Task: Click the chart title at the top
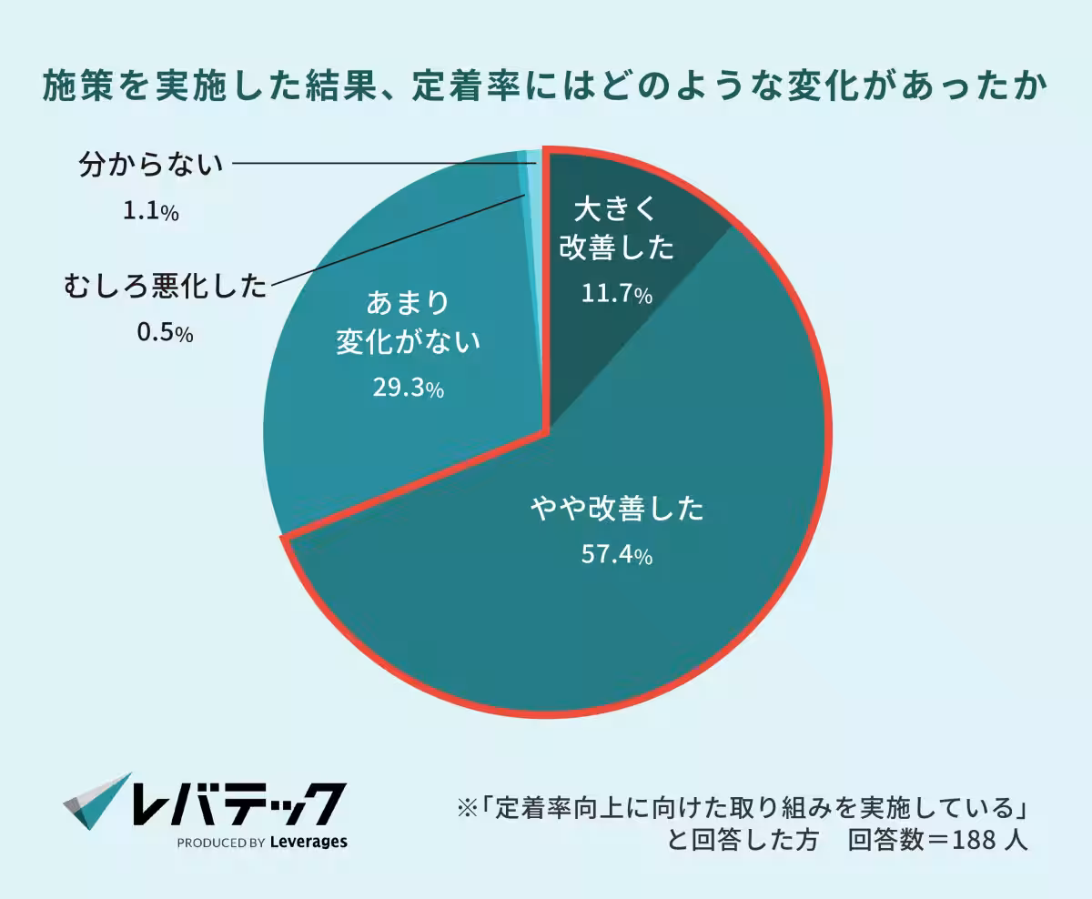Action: click(x=546, y=88)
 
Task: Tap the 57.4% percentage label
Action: click(x=617, y=555)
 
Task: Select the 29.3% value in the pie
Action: click(x=408, y=389)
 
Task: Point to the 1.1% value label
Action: click(x=150, y=211)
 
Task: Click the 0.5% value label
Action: click(x=164, y=333)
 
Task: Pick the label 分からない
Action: click(x=151, y=165)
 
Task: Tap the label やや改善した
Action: click(x=617, y=509)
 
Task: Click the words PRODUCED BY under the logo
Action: click(x=221, y=843)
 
